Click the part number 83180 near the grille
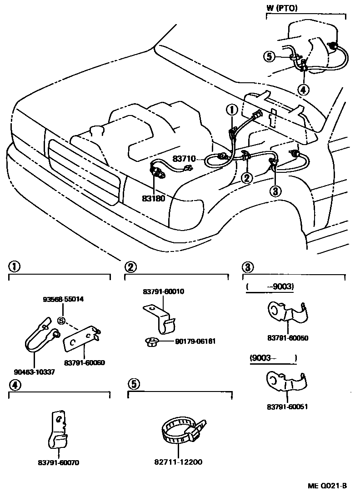pyautogui.click(x=154, y=199)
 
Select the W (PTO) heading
pyautogui.click(x=282, y=8)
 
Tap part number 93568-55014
pyautogui.click(x=63, y=299)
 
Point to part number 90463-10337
pyautogui.click(x=34, y=372)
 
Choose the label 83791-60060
pyautogui.click(x=85, y=363)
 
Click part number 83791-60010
pyautogui.click(x=164, y=291)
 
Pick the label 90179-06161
pyautogui.click(x=195, y=341)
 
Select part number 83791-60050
pyautogui.click(x=288, y=338)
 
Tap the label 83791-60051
pyautogui.click(x=287, y=407)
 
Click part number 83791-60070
pyautogui.click(x=59, y=462)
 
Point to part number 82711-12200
pyautogui.click(x=178, y=462)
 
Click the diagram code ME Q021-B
pyautogui.click(x=327, y=486)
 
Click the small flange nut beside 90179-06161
pyautogui.click(x=151, y=342)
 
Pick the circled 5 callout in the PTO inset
pyautogui.click(x=270, y=57)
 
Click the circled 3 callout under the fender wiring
pyautogui.click(x=275, y=191)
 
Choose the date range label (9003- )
pyautogui.click(x=273, y=357)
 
